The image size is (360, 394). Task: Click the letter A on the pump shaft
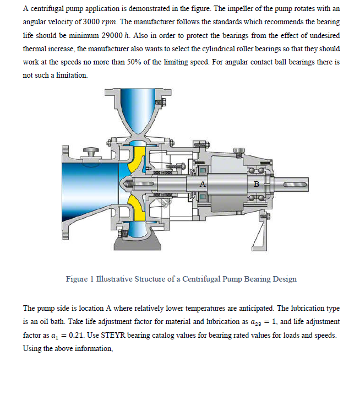click(x=203, y=183)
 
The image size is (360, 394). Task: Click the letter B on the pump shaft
click(x=255, y=183)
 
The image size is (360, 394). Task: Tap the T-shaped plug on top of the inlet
click(x=90, y=149)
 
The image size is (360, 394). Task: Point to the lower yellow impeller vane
click(x=136, y=207)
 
